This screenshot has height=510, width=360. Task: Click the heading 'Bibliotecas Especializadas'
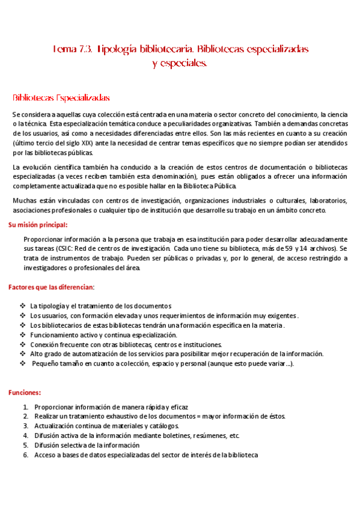click(x=61, y=97)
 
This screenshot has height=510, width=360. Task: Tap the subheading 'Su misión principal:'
click(x=38, y=225)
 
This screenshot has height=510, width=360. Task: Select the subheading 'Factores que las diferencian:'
click(x=51, y=287)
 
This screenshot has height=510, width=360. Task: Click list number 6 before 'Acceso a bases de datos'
click(x=25, y=455)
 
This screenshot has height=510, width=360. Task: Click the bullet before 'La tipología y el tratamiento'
click(x=22, y=306)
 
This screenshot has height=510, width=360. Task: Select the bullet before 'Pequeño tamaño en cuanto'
click(x=22, y=364)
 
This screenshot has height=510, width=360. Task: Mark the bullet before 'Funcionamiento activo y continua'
click(x=22, y=334)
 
